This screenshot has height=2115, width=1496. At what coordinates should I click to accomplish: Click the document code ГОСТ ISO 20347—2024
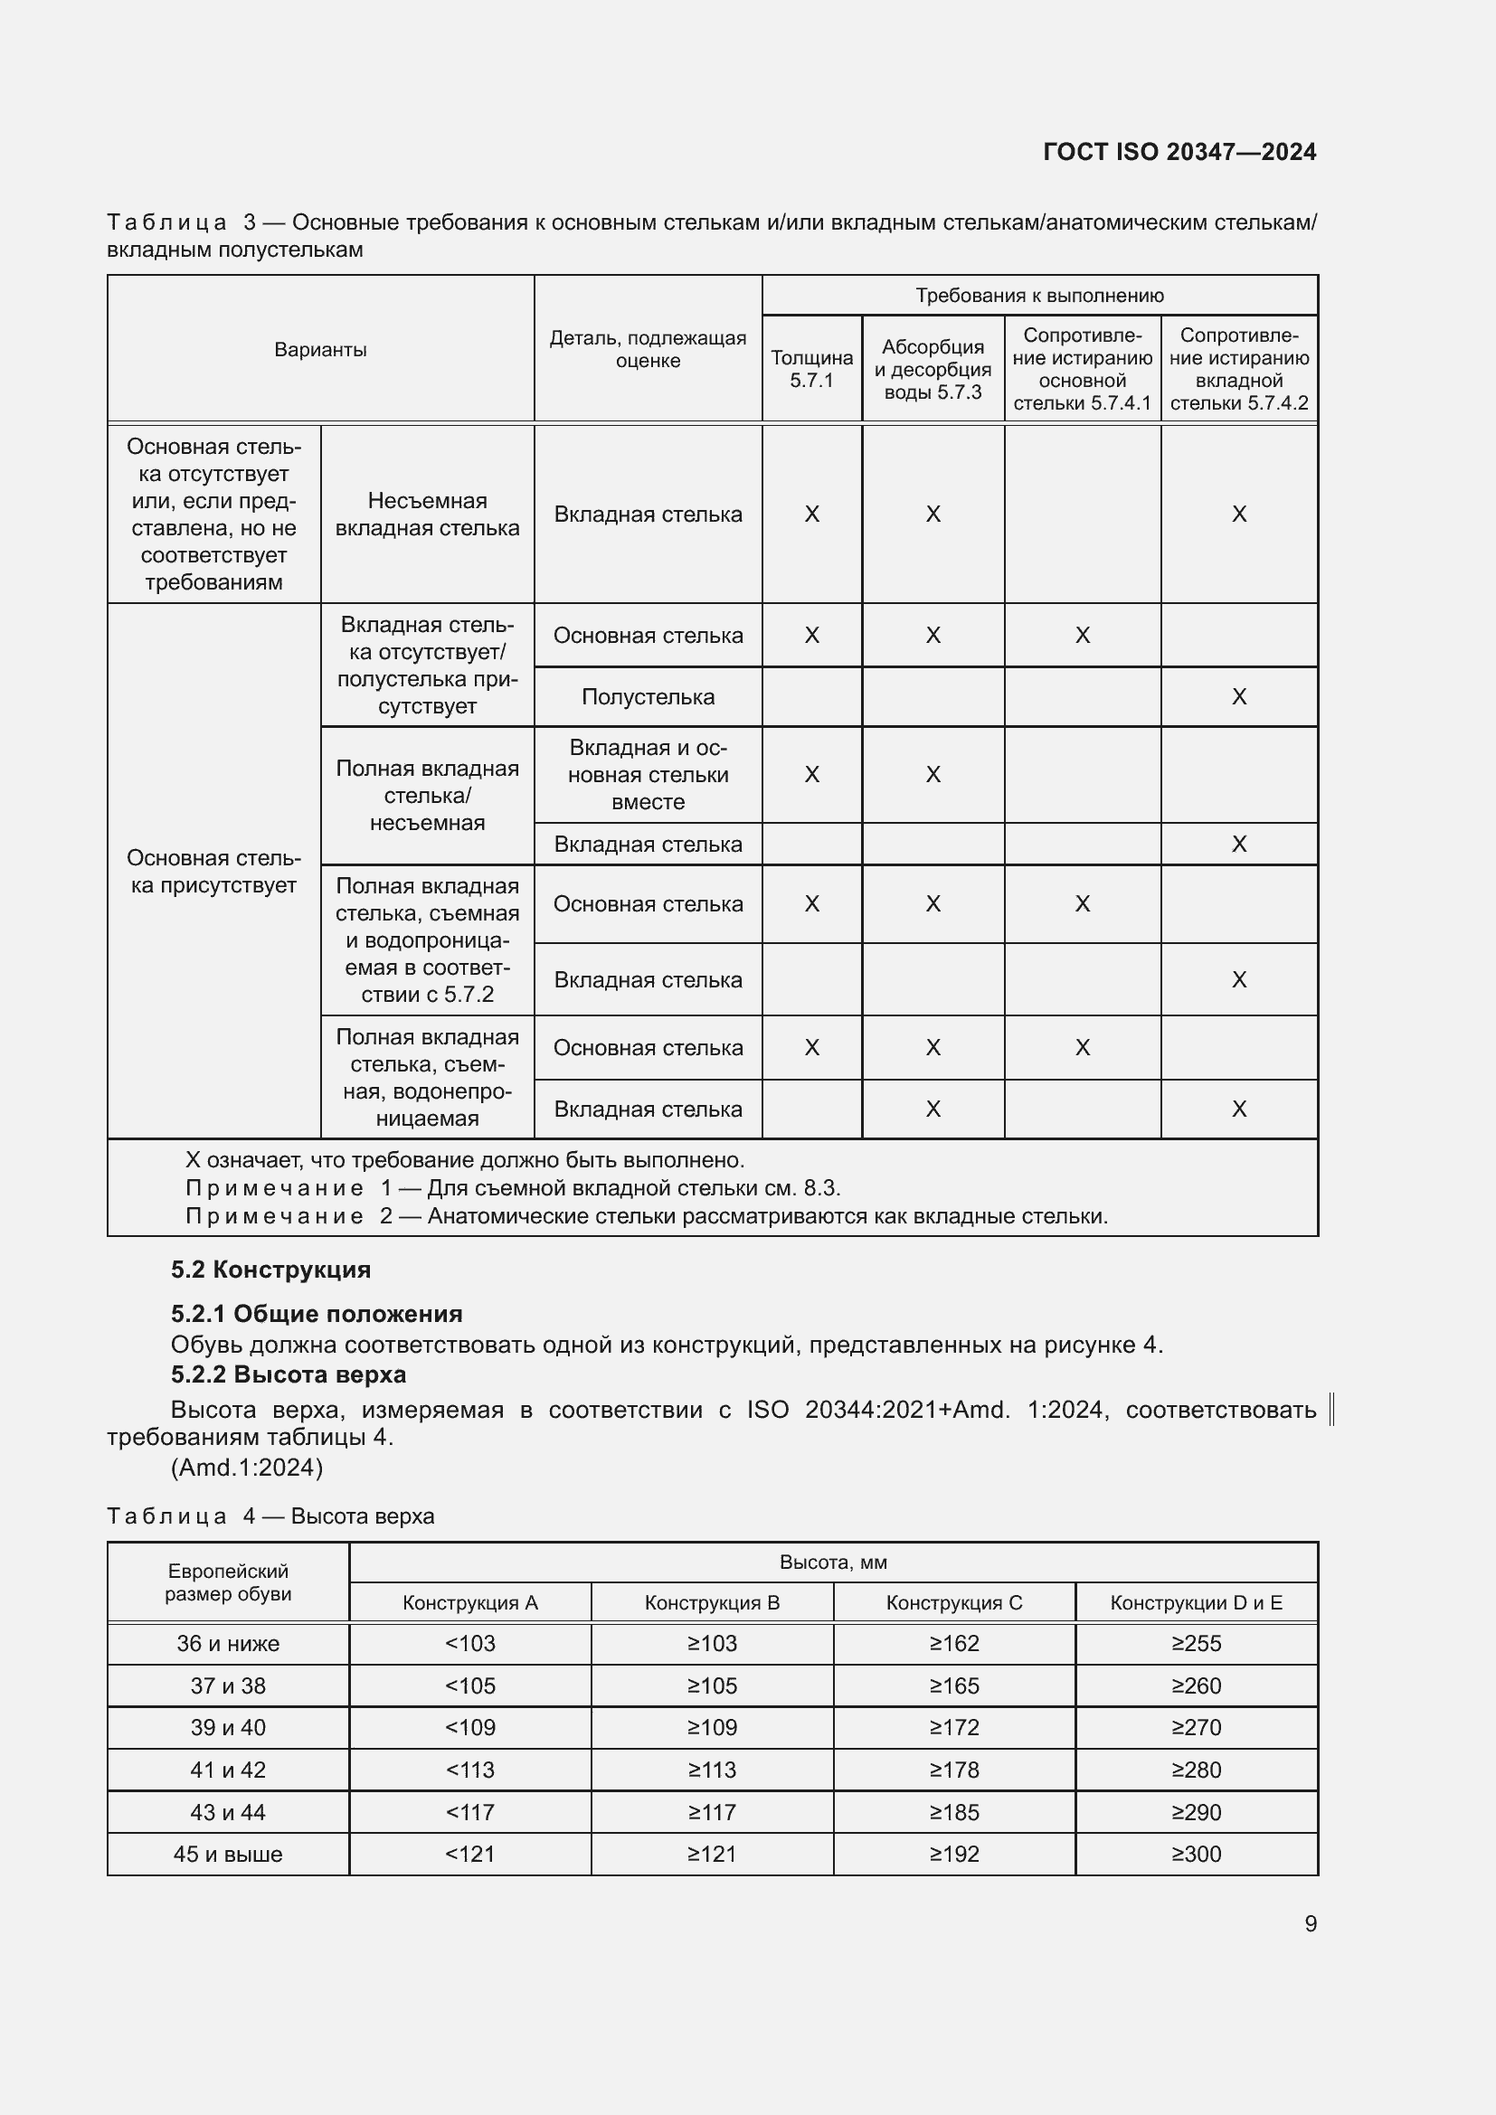[x=1179, y=152]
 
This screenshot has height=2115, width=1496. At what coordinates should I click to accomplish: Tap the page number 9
[x=1310, y=1923]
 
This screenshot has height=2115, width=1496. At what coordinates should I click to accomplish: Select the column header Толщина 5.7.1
[x=811, y=368]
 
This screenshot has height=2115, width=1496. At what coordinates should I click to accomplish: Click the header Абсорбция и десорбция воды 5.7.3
[x=933, y=368]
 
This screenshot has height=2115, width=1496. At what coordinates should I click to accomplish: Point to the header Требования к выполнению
[x=1039, y=296]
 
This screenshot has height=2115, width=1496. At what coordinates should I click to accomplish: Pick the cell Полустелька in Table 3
[x=648, y=697]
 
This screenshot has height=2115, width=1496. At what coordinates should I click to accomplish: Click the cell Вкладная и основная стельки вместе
[x=648, y=775]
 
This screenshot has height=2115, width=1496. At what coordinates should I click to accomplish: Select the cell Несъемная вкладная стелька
[x=428, y=514]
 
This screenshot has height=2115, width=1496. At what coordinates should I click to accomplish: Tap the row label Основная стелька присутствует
[x=213, y=872]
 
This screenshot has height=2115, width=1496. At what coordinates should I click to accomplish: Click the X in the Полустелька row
[x=1239, y=697]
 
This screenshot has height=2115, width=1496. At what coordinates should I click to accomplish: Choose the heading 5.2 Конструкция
[x=270, y=1270]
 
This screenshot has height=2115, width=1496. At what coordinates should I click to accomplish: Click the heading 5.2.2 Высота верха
[x=289, y=1374]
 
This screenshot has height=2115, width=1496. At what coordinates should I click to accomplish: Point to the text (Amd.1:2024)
[x=247, y=1468]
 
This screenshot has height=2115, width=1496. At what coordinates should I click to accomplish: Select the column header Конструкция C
[x=953, y=1603]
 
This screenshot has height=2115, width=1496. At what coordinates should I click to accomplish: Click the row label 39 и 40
[x=228, y=1727]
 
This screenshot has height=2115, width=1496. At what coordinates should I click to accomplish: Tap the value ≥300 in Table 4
[x=1196, y=1855]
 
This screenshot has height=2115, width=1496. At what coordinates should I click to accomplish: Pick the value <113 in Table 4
[x=469, y=1770]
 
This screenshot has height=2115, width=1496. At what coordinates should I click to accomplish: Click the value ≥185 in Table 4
[x=953, y=1812]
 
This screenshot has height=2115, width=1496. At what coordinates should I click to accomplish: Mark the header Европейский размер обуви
[x=228, y=1582]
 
